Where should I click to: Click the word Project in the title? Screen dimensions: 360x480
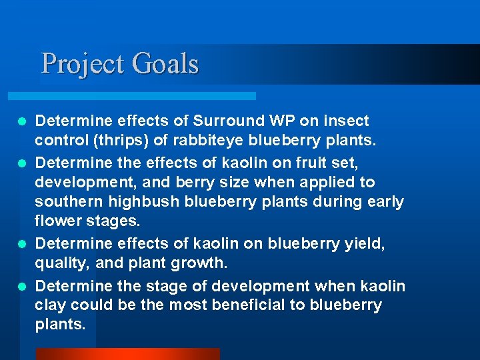pos(83,64)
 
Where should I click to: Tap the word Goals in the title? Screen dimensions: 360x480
pos(165,64)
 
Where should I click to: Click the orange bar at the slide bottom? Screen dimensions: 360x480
pos(127,353)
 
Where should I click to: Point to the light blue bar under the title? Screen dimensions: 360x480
pos(147,95)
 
